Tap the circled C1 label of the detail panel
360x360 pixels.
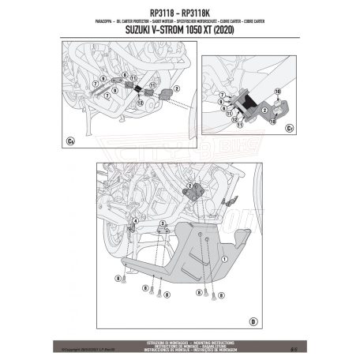[x=290, y=126]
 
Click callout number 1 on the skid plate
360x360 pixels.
[x=223, y=257]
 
